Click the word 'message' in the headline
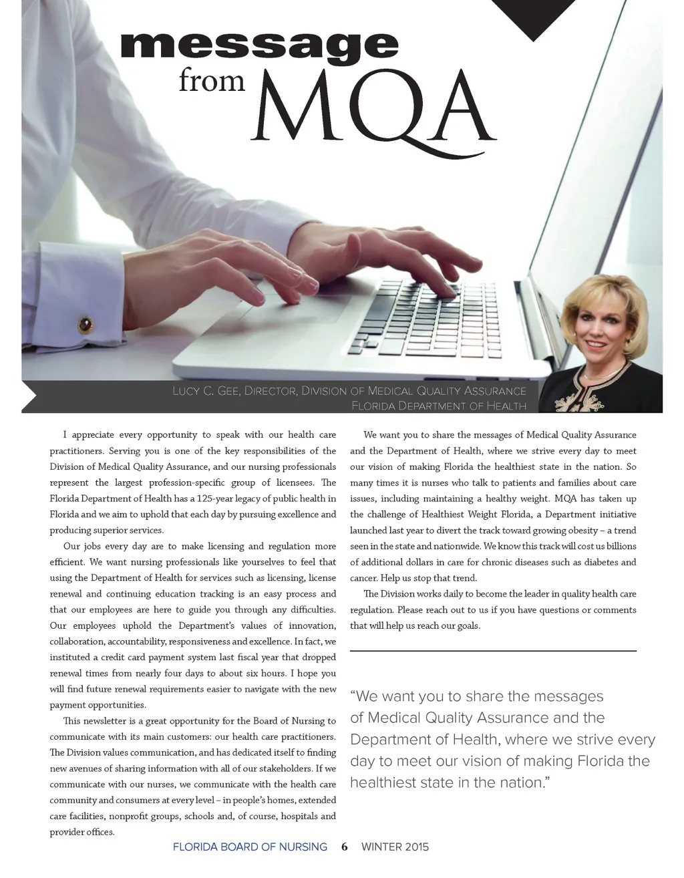pyautogui.click(x=259, y=45)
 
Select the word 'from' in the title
pyautogui.click(x=212, y=80)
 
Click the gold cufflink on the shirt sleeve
pyautogui.click(x=85, y=325)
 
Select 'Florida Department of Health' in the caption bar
pyautogui.click(x=438, y=406)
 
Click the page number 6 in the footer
pyautogui.click(x=344, y=847)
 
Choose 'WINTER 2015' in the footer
pyautogui.click(x=395, y=847)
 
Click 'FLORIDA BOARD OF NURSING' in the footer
pyautogui.click(x=250, y=847)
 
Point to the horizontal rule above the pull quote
pyautogui.click(x=493, y=650)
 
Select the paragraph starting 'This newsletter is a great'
pyautogui.click(x=193, y=776)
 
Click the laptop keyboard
pyautogui.click(x=427, y=314)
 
